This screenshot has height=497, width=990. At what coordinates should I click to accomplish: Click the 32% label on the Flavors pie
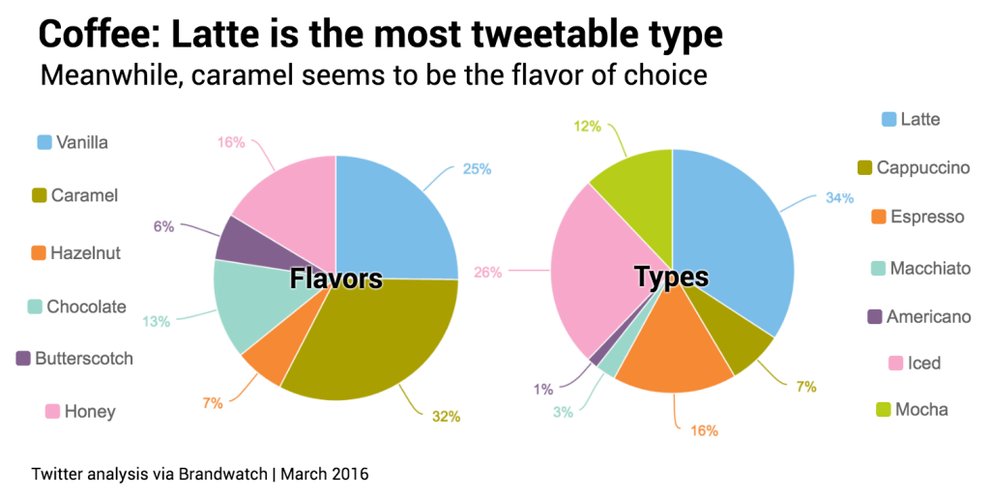446,417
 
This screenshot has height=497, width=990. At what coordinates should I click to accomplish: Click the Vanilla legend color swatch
44,143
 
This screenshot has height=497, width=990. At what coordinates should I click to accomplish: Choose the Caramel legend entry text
84,195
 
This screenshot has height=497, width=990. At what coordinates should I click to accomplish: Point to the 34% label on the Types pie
839,198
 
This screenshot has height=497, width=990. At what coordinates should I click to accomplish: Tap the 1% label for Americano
542,390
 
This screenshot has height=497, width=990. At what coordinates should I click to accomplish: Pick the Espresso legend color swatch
878,217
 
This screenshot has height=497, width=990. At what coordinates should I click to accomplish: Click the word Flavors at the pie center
336,280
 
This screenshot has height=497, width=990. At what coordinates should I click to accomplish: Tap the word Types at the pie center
671,278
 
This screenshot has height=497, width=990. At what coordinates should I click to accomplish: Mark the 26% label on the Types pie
488,273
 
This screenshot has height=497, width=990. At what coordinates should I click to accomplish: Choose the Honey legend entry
90,412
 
